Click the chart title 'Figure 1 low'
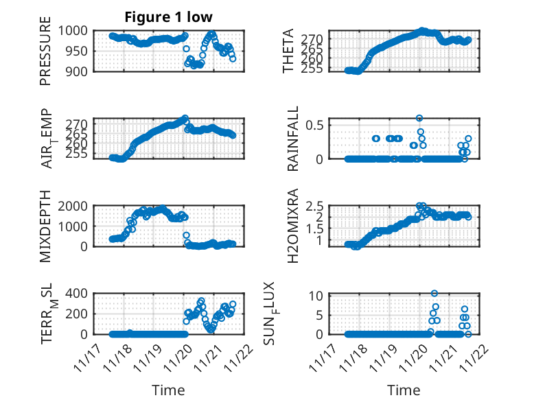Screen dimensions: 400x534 click(x=168, y=16)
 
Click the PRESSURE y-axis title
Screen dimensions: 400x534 click(x=45, y=55)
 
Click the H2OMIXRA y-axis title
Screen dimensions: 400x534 click(x=289, y=225)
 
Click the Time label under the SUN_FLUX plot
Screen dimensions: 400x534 click(x=404, y=390)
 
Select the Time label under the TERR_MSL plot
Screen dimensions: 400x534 click(x=168, y=390)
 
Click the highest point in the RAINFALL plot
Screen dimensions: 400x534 click(x=419, y=118)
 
